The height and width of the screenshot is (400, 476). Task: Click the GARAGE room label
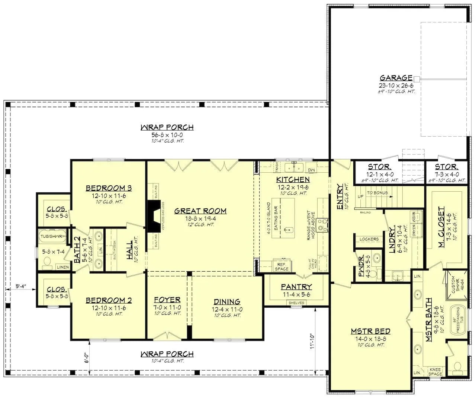(396, 78)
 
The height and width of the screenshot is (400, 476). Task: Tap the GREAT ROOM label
(200, 211)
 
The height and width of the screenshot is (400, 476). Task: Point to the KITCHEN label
(293, 180)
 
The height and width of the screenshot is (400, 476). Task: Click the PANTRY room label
(296, 287)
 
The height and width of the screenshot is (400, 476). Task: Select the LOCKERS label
(369, 239)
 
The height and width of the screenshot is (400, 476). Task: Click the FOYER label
(167, 300)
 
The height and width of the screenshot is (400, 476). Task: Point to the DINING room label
(227, 302)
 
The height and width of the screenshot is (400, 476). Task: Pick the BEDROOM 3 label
(104, 188)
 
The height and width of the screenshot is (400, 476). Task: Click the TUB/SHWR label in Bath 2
(51, 236)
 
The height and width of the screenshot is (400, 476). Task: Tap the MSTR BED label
(370, 332)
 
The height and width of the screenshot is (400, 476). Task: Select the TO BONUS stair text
(377, 193)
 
